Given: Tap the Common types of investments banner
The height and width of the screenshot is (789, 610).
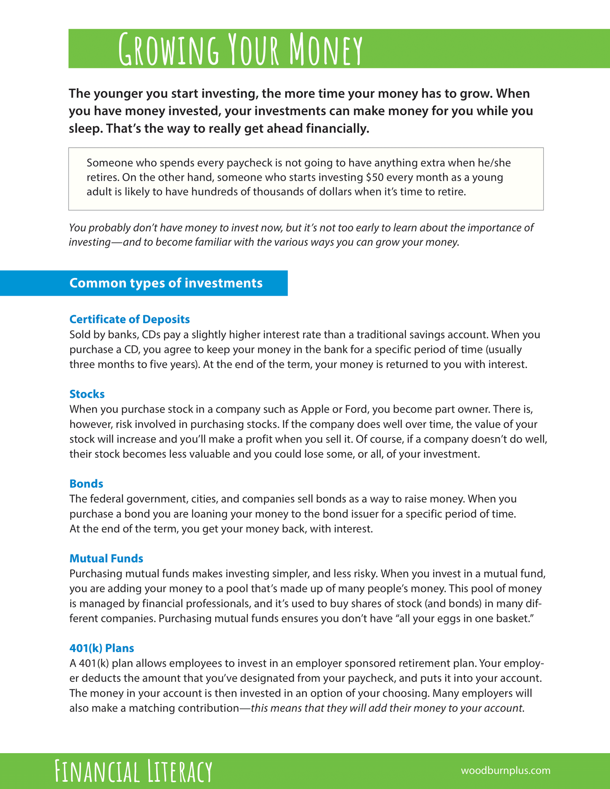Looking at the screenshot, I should click(165, 283).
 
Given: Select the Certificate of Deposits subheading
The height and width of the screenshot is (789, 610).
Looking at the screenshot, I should click(130, 319).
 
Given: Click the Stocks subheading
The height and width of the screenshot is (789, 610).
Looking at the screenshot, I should click(87, 394).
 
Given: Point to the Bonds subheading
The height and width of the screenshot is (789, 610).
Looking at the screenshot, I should click(86, 484).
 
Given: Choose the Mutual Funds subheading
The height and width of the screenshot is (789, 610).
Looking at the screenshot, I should click(106, 559).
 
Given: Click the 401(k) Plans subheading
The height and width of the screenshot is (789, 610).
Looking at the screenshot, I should click(102, 648).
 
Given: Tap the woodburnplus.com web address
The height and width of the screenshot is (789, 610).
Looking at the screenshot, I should click(505, 770).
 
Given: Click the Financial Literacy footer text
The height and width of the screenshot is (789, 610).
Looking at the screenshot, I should click(133, 771).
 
